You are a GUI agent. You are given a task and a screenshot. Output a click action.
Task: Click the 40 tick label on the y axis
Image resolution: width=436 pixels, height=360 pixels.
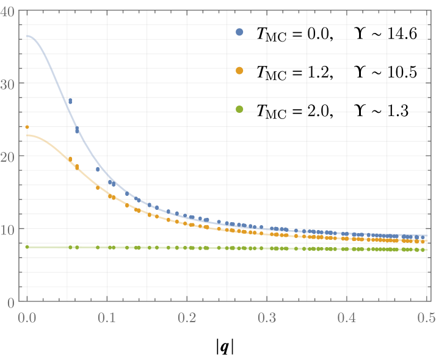[x=9, y=11]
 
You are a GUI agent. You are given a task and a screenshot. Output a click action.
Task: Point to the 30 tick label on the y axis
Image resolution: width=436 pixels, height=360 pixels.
[x=9, y=84]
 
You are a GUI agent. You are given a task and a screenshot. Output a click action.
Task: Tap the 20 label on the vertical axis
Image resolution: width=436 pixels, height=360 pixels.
[x=9, y=156]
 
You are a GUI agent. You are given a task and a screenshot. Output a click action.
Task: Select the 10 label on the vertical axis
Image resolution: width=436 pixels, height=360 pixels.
[x=9, y=229]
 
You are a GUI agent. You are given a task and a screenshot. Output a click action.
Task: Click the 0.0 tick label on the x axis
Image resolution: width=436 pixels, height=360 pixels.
[x=26, y=318]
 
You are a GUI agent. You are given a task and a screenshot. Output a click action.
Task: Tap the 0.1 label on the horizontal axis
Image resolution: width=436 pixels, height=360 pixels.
[x=107, y=318]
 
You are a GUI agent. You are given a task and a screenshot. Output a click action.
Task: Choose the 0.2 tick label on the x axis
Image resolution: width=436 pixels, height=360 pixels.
[x=187, y=318]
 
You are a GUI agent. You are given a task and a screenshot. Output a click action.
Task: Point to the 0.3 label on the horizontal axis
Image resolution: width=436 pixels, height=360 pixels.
[x=267, y=318]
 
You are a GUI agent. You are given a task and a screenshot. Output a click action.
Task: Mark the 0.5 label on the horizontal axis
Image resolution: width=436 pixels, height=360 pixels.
[x=426, y=318]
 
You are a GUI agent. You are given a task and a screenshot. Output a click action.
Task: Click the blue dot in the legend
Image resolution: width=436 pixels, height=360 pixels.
[x=239, y=32]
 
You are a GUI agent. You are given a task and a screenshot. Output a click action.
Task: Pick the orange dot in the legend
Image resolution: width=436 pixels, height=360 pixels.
[x=239, y=71]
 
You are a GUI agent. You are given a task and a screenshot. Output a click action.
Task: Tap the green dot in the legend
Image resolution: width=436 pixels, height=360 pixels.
[x=239, y=109]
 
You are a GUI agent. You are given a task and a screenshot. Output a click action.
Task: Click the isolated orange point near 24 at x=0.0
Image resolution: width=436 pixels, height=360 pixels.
[x=27, y=127]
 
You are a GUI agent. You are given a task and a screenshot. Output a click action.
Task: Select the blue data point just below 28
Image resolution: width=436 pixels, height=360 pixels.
[x=70, y=101]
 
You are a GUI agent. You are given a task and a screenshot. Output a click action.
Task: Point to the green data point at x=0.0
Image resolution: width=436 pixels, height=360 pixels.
[x=27, y=247]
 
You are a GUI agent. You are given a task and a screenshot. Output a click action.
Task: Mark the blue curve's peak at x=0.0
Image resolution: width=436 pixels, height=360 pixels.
[x=27, y=35]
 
